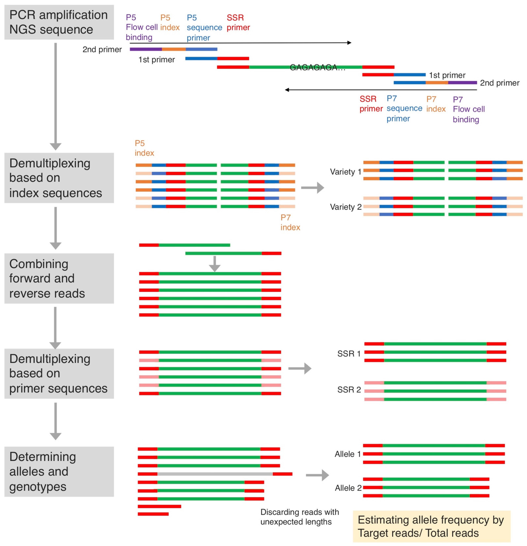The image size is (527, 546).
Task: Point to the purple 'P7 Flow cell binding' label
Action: click(x=468, y=109)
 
